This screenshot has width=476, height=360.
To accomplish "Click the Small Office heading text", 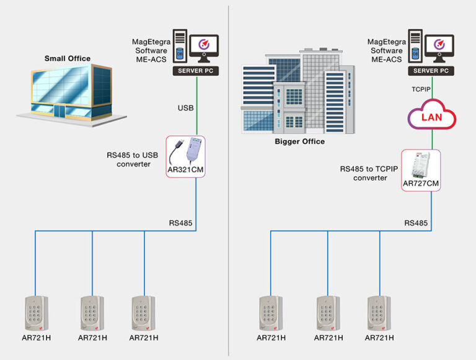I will click(x=67, y=59).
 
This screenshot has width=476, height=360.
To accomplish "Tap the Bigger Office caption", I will click(x=299, y=141).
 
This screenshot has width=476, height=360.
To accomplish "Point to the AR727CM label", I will click(x=421, y=185).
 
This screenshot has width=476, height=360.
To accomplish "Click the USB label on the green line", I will click(x=186, y=108).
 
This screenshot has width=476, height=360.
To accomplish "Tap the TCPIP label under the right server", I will click(x=421, y=89).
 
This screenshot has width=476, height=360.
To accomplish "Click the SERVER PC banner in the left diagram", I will click(x=196, y=71).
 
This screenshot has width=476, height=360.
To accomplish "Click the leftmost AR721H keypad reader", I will click(x=36, y=314).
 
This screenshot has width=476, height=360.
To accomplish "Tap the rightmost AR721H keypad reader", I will click(x=379, y=314).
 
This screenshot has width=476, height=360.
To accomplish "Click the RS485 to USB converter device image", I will click(x=185, y=152).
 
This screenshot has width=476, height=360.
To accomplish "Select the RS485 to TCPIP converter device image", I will click(x=421, y=164).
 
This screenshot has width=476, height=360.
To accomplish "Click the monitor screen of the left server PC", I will click(x=204, y=47).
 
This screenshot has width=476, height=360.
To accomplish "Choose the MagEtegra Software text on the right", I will click(x=387, y=46).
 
